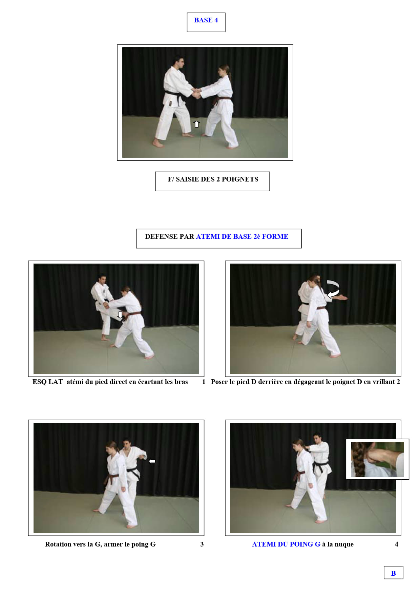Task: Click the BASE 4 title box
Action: (x=206, y=22)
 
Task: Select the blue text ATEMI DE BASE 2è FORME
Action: (x=242, y=236)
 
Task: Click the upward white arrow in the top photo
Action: (x=196, y=124)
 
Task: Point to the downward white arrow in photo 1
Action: (x=120, y=315)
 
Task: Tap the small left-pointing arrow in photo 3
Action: (x=152, y=461)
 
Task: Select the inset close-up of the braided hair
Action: (x=377, y=459)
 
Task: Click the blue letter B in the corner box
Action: (x=393, y=573)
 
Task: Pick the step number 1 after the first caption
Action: (x=204, y=382)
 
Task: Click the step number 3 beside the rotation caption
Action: (x=202, y=544)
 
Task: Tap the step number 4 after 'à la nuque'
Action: (x=396, y=544)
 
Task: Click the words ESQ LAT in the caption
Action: (x=48, y=382)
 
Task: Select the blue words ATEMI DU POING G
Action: (x=286, y=544)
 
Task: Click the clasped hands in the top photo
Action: (x=197, y=93)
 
